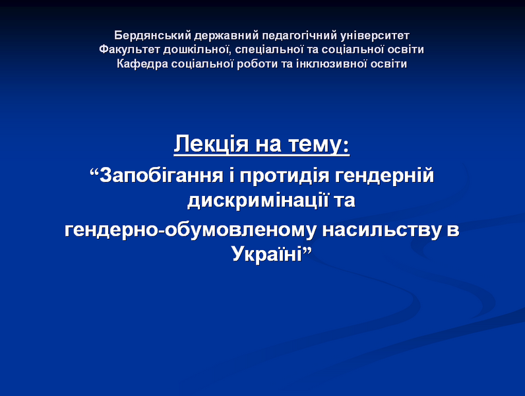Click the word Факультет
pyautogui.click(x=129, y=49)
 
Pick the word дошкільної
pyautogui.click(x=198, y=49)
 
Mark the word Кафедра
pyautogui.click(x=142, y=63)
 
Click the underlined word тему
pyautogui.click(x=319, y=145)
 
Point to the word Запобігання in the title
pyautogui.click(x=161, y=175)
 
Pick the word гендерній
pyautogui.click(x=384, y=175)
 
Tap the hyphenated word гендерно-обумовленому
pyautogui.click(x=190, y=230)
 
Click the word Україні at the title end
pyautogui.click(x=267, y=253)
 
